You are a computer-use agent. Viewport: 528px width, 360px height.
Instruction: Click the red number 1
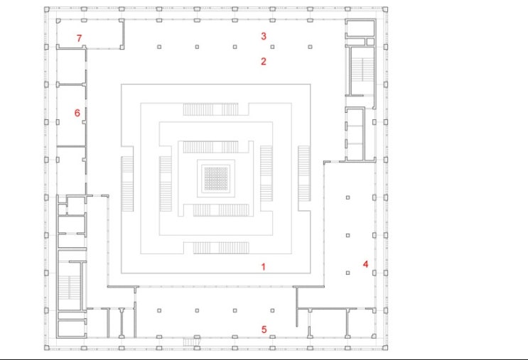[x=264, y=267]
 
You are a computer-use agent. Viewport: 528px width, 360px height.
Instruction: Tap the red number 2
[x=264, y=61]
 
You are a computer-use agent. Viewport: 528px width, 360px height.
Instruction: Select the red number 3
[x=264, y=36]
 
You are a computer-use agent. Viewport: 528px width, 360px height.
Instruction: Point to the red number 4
[x=366, y=264]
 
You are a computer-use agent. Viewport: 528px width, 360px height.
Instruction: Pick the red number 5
[x=264, y=329]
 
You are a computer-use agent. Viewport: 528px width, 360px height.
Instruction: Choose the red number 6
[x=77, y=113]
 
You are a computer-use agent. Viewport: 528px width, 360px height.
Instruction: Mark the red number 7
[x=79, y=38]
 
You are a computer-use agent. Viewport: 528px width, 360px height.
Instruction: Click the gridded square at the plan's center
[x=216, y=178]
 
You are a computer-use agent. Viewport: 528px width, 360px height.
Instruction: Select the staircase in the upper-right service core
[x=362, y=70]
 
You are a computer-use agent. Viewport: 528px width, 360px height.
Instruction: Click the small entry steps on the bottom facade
[x=190, y=342]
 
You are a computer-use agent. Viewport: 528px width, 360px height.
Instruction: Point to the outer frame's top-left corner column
[x=47, y=9]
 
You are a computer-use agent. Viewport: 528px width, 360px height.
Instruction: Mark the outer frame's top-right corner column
[x=385, y=9]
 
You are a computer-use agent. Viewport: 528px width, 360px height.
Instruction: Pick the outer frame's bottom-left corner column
[x=47, y=347]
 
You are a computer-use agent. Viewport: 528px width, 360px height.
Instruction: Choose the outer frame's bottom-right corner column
[x=385, y=347]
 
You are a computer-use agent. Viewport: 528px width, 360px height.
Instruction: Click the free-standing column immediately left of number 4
[x=347, y=273]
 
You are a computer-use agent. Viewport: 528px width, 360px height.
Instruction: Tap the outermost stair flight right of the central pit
[x=304, y=173]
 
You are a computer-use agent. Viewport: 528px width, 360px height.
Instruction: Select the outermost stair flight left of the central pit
[x=127, y=184]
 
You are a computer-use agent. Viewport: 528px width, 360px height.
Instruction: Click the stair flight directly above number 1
[x=221, y=248]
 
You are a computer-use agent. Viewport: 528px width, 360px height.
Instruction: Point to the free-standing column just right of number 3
[x=272, y=47]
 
